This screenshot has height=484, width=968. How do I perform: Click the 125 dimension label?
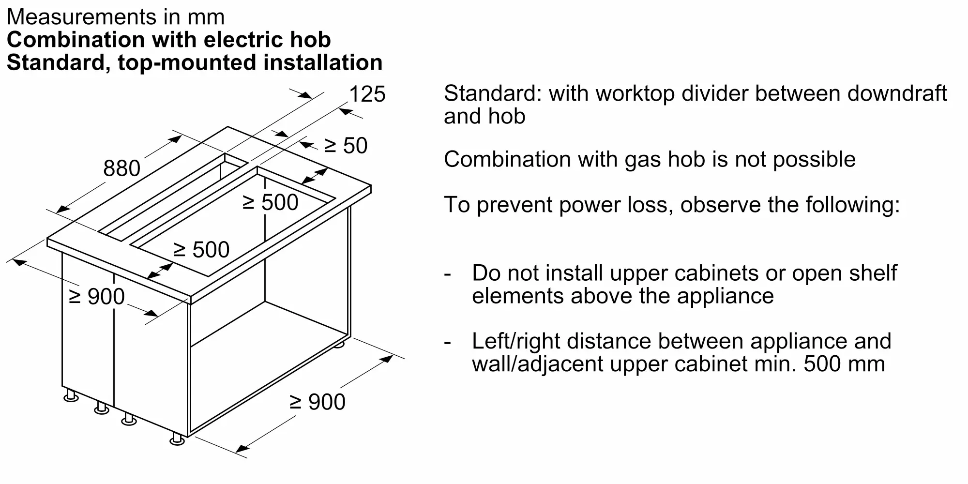click(367, 94)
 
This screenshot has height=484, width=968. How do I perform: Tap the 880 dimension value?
click(121, 168)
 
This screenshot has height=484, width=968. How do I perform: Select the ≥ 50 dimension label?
click(346, 146)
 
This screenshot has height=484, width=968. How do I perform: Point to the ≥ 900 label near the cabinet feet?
click(318, 402)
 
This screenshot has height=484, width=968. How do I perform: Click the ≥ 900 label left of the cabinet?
click(97, 296)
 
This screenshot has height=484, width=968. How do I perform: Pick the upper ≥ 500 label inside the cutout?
click(270, 202)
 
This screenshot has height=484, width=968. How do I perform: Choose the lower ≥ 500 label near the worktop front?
click(201, 250)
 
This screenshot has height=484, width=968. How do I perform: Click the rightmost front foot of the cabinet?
click(177, 439)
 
